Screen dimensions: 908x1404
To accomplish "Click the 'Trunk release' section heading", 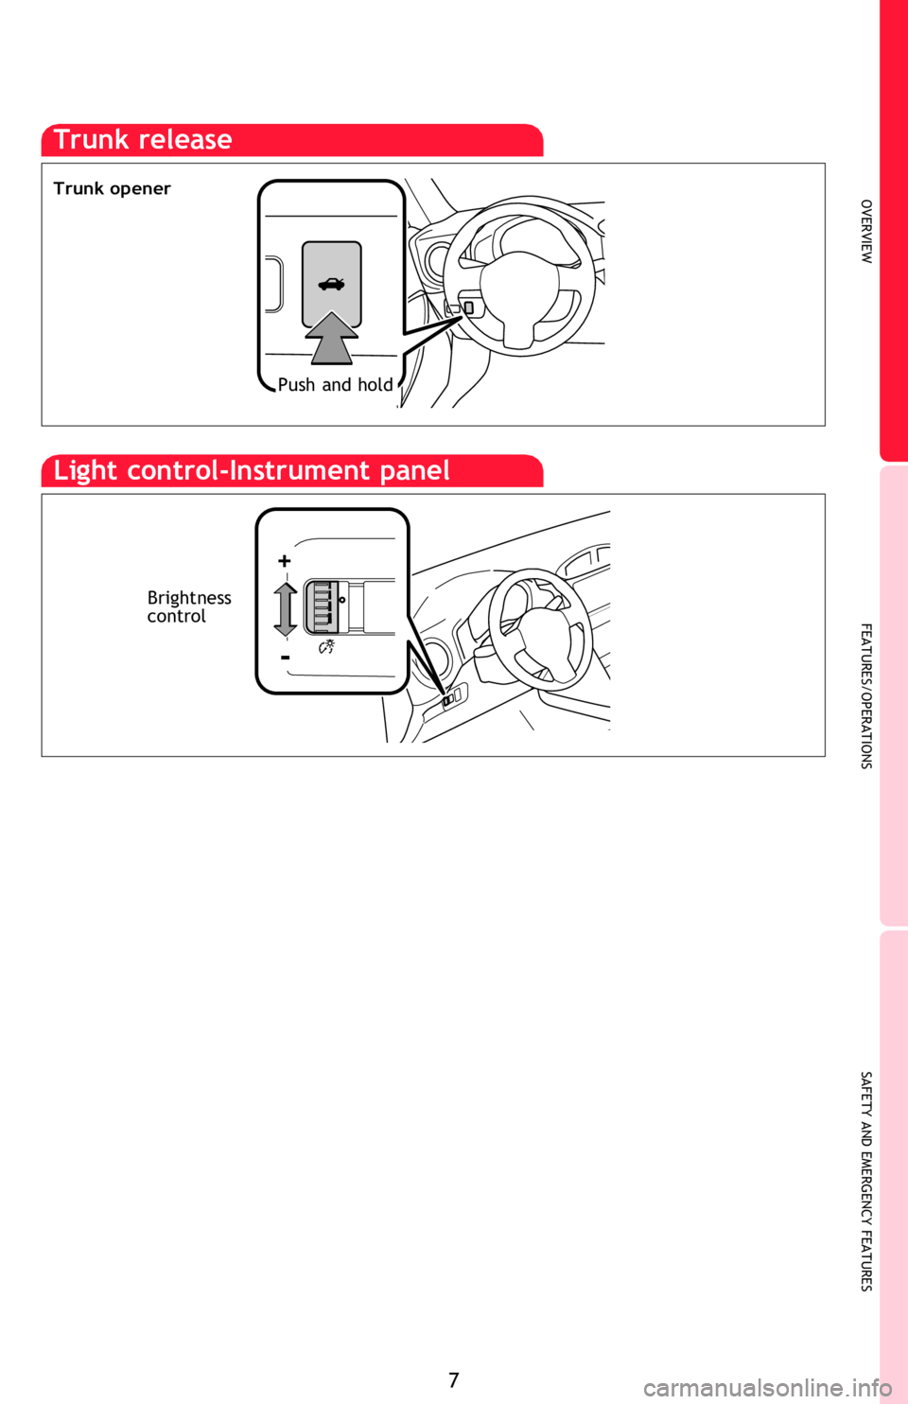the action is pos(143,139).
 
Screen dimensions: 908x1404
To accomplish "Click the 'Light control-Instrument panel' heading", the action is pos(252,470).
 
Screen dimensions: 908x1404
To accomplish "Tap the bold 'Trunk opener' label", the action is pos(113,188).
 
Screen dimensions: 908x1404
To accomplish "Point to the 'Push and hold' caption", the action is pos(335,385).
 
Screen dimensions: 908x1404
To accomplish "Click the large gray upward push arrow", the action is pos(331,339).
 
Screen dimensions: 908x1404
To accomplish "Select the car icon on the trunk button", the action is pos(331,285).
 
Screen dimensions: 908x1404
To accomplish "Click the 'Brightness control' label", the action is pos(189,606).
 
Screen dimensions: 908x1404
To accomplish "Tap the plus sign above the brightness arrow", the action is pos(285,560).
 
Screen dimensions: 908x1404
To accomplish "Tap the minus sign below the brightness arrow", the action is pos(285,658).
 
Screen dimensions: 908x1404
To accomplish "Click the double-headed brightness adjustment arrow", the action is pos(285,609).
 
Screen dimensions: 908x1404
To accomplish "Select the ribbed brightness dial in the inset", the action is pos(322,606).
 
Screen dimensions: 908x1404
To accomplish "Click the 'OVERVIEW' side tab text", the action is pos(866,231).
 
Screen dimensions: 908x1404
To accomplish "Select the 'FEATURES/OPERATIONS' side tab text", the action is pos(866,695).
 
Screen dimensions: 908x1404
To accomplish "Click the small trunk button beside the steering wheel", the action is pos(469,307).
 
